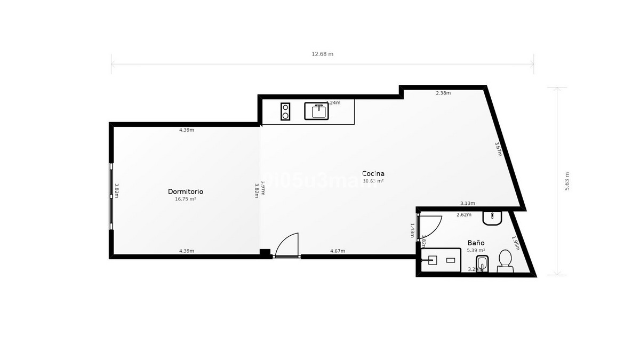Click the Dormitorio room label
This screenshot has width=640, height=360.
click(186, 191)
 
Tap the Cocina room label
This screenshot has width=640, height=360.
click(373, 173)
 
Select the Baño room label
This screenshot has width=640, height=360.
click(476, 242)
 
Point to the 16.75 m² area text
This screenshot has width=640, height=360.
click(186, 199)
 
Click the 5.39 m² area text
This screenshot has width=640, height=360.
click(476, 250)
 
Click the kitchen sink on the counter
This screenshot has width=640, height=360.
click(317, 111)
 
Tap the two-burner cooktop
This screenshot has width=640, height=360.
click(285, 111)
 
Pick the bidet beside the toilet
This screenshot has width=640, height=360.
click(483, 263)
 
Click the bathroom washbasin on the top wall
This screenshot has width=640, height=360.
click(491, 218)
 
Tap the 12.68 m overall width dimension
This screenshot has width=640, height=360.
click(323, 54)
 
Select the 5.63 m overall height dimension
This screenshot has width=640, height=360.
click(567, 181)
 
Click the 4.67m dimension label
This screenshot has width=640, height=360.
click(338, 251)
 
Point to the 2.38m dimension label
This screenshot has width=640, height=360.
click(443, 93)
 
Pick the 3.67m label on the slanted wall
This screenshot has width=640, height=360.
click(499, 149)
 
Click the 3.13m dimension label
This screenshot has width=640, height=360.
click(468, 203)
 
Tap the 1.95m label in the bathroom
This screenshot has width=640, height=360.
click(515, 243)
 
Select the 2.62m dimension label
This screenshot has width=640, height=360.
click(464, 215)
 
